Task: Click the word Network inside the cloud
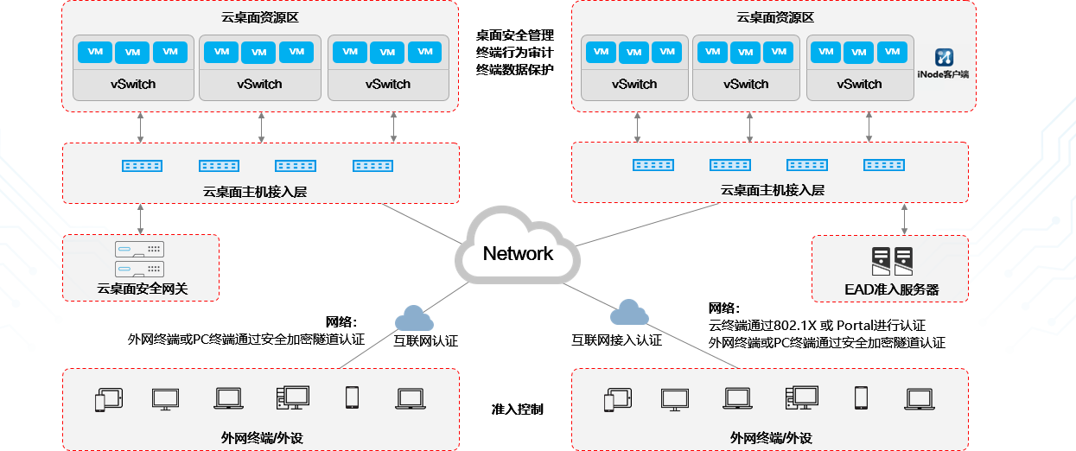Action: pos(518,253)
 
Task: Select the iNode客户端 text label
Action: pos(943,74)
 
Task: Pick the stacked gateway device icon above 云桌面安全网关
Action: pos(140,257)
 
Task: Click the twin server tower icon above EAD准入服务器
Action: pos(892,258)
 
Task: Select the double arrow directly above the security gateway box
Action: pos(140,219)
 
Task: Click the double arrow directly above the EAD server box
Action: pos(905,219)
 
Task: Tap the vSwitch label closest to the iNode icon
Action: pos(859,84)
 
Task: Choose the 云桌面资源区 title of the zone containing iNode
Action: pos(775,17)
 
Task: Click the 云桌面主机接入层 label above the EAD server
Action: pos(773,190)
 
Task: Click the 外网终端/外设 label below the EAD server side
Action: pos(771,438)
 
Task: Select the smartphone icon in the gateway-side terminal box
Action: pos(352,397)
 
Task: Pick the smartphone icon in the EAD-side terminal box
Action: pos(861,397)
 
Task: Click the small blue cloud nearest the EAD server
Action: pos(629,312)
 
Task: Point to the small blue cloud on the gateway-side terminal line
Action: pos(413,319)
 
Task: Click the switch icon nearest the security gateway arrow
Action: pos(143,164)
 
